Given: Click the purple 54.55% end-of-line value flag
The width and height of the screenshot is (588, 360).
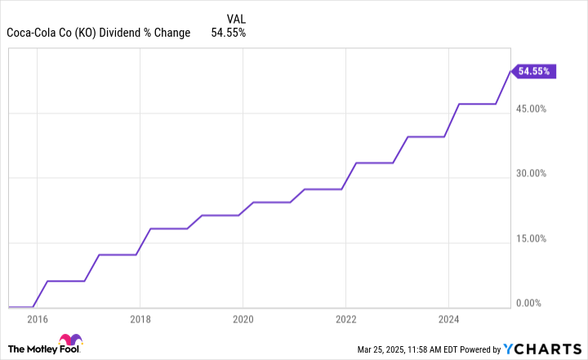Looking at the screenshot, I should point(535,71).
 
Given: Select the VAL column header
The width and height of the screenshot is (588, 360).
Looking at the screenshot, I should point(234,17).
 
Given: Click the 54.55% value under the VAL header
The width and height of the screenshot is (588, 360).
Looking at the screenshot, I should point(229,33).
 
